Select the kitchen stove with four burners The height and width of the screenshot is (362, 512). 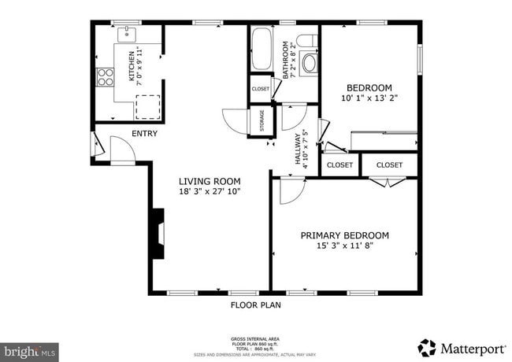[104, 76]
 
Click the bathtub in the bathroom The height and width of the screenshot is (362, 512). [261, 49]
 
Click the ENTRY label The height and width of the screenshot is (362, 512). [144, 134]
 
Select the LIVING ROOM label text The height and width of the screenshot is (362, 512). [209, 181]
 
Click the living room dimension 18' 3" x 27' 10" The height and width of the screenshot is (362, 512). [209, 191]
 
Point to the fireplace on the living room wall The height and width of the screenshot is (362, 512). [158, 233]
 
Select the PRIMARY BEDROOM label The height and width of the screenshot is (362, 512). [345, 235]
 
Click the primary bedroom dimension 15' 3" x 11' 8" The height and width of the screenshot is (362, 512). [345, 246]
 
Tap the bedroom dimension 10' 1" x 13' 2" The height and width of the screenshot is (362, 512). [369, 98]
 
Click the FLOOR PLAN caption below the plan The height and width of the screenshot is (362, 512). [255, 305]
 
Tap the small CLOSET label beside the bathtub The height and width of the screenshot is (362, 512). [260, 89]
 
